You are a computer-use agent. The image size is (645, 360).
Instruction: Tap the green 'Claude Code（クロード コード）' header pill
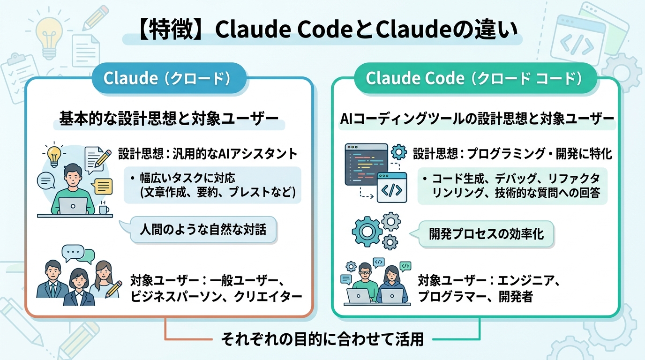[475, 78]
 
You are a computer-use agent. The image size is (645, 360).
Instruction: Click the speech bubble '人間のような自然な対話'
[203, 230]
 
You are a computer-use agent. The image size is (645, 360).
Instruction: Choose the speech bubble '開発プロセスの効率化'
[486, 233]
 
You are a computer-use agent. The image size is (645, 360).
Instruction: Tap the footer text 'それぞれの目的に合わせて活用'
[322, 339]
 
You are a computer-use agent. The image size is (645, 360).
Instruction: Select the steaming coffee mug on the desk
[104, 209]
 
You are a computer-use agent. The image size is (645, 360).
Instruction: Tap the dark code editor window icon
[366, 164]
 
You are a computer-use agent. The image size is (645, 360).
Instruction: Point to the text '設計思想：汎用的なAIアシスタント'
[208, 153]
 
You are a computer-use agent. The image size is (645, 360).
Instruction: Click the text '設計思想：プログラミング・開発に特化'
[512, 153]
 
